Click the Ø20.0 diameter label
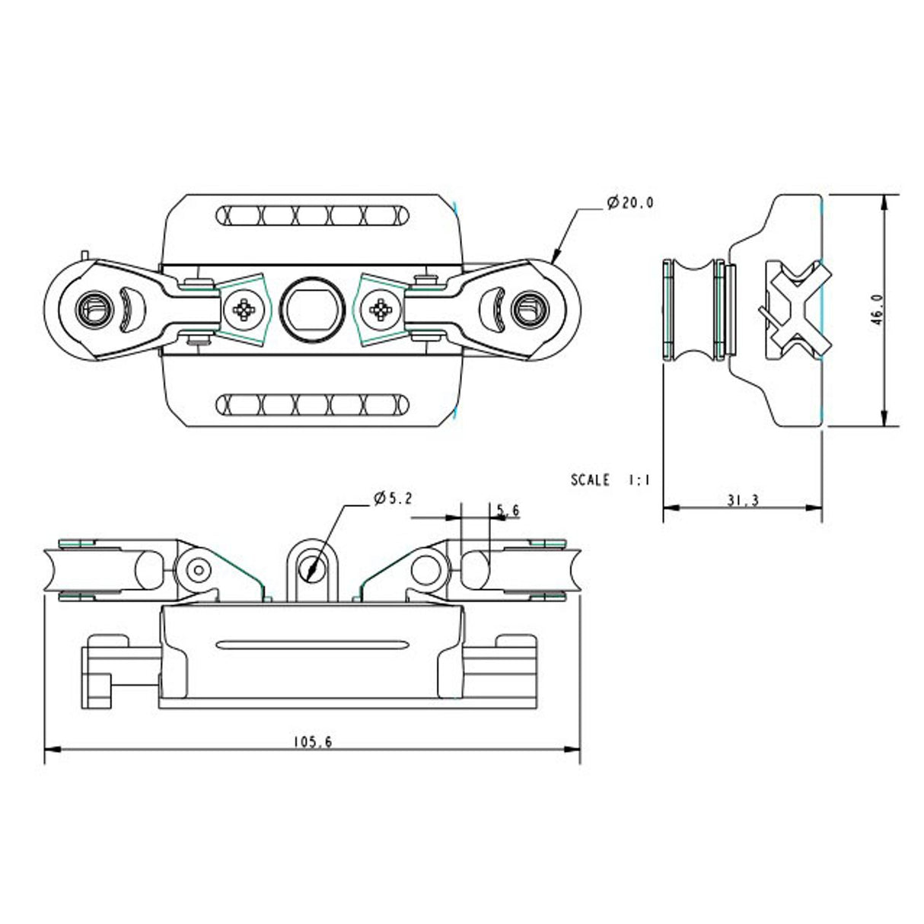(x=631, y=202)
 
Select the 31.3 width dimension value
(x=743, y=500)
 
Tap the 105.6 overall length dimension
(x=312, y=741)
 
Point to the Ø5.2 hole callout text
(x=393, y=499)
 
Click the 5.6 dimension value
(x=508, y=511)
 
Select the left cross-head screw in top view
(x=245, y=309)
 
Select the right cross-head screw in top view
(x=379, y=309)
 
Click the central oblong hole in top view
(x=312, y=309)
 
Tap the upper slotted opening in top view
(x=312, y=216)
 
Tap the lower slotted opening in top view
(x=312, y=403)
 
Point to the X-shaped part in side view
(x=792, y=309)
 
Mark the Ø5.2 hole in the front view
(x=311, y=568)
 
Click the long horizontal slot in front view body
(x=312, y=645)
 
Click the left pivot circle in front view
(x=199, y=569)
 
